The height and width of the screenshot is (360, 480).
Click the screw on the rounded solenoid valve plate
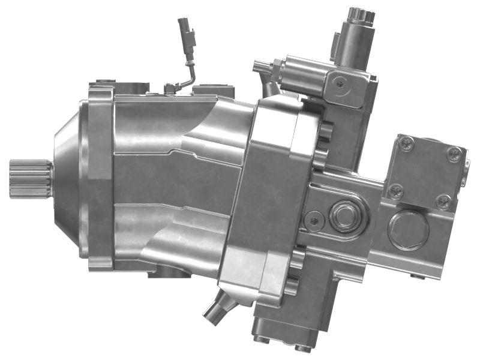point(341,83)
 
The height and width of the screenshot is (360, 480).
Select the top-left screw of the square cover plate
point(407,143)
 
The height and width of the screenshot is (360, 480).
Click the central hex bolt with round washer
point(346,214)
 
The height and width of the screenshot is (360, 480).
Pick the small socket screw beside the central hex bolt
point(314,220)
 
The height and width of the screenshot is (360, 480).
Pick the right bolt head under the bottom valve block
point(303,346)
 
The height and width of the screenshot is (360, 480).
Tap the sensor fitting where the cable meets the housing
point(170,89)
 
